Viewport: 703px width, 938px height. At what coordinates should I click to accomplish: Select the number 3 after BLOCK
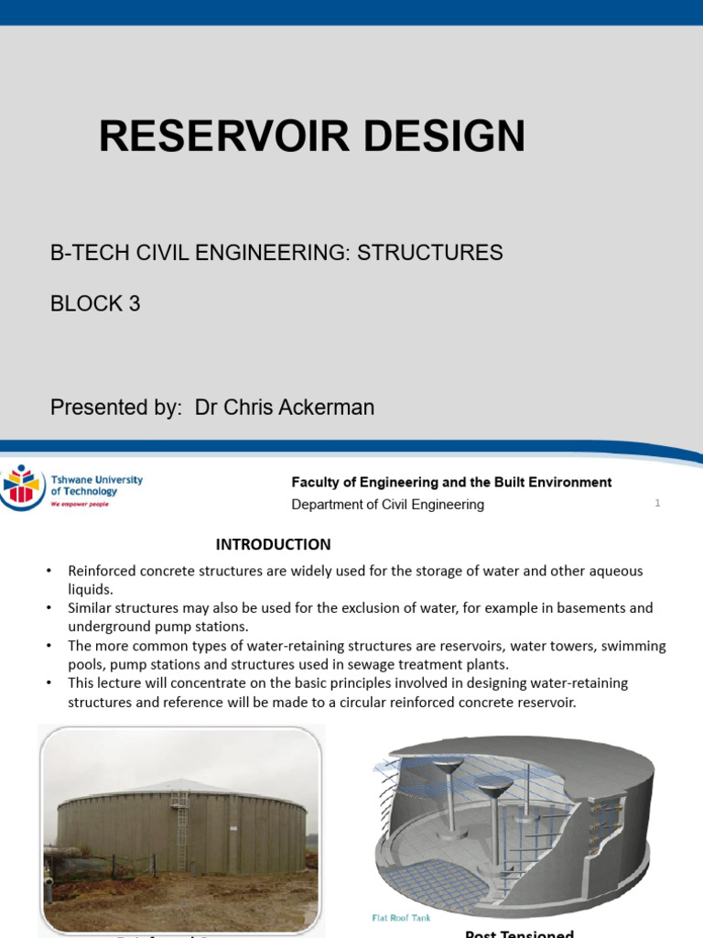(135, 304)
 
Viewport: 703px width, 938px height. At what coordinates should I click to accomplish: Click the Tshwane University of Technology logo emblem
(21, 486)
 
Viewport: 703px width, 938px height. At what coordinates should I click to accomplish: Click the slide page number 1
(657, 503)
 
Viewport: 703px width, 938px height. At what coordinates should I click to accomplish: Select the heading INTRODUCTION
(273, 544)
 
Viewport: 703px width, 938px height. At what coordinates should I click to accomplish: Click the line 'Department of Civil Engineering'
(387, 504)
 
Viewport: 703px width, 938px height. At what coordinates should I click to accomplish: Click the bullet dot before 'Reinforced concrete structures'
(49, 572)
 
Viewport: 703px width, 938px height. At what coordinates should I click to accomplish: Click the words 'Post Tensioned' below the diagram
(519, 933)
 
